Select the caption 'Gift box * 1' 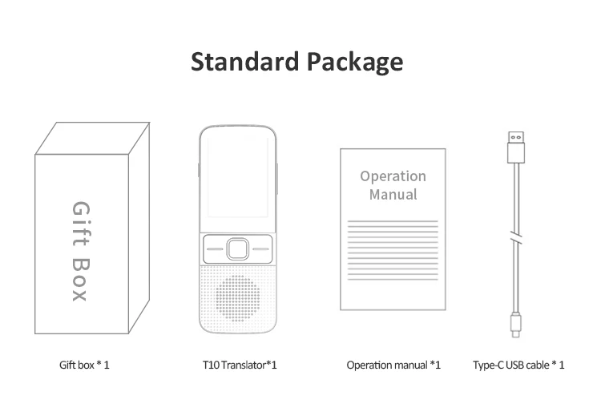(x=84, y=365)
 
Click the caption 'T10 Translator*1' (x=240, y=365)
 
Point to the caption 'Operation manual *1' (x=393, y=365)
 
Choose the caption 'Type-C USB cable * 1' (x=519, y=365)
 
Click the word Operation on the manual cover (x=393, y=176)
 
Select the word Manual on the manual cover (x=393, y=195)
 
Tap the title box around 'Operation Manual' (x=393, y=185)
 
